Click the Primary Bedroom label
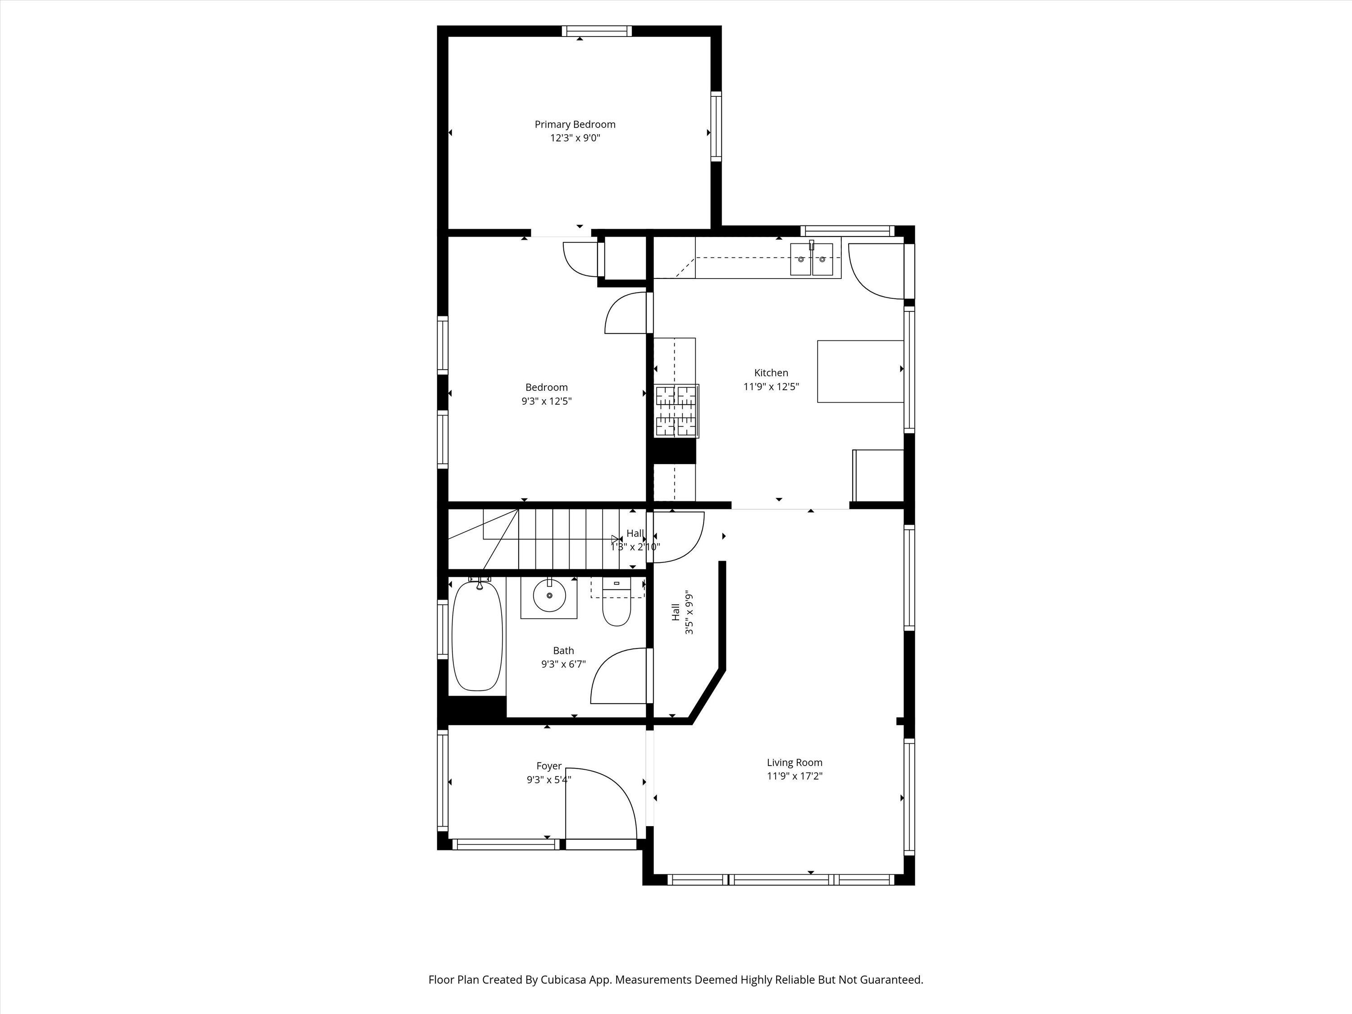(575, 124)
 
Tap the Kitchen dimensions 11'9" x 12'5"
(771, 386)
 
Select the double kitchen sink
(811, 259)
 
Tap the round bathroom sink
(549, 596)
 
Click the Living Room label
(795, 762)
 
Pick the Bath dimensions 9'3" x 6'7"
(563, 664)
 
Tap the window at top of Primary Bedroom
(597, 31)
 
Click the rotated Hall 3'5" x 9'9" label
(682, 612)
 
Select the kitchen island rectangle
(860, 371)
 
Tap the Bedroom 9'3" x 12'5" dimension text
(546, 401)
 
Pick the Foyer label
(548, 766)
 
